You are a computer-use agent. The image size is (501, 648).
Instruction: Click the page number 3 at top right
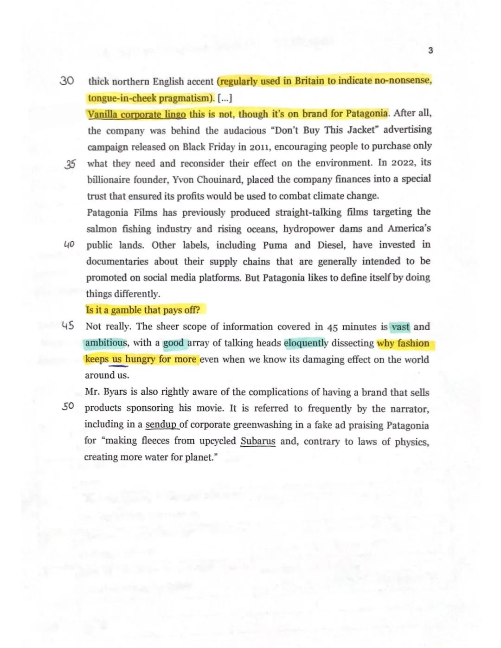[x=430, y=51]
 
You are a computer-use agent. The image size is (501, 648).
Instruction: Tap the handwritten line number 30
[x=67, y=81]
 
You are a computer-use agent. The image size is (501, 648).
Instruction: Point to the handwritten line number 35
[x=70, y=164]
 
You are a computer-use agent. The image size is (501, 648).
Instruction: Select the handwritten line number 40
[x=69, y=244]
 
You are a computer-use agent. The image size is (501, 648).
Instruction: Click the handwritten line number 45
[x=68, y=326]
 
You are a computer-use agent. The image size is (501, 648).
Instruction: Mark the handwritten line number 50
[x=68, y=407]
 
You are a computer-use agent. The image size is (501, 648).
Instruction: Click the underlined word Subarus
[x=257, y=441]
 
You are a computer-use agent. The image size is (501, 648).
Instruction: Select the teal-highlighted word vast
[x=400, y=327]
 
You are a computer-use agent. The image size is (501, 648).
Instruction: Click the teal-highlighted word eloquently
[x=306, y=343]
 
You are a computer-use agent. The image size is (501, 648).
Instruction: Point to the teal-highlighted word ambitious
[x=106, y=343]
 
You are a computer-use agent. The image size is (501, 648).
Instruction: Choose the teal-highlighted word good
[x=173, y=343]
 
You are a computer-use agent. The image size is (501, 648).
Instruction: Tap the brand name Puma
[x=275, y=245]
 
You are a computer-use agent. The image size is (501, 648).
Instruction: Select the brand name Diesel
[x=331, y=245]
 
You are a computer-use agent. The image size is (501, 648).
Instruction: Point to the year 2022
[x=403, y=163]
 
